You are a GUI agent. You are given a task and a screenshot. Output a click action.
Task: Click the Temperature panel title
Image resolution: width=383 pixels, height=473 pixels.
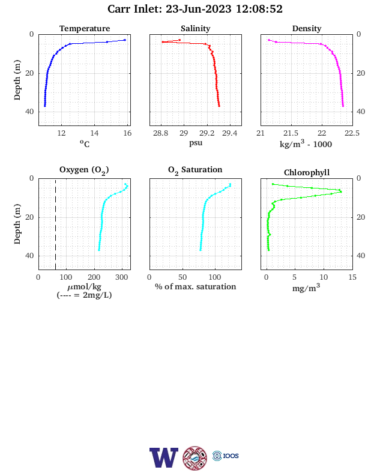point(85,28)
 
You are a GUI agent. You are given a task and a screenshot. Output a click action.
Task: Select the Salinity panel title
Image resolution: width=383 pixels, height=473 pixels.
point(196,28)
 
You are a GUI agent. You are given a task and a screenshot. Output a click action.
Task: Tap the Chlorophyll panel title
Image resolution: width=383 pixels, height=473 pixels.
point(307,172)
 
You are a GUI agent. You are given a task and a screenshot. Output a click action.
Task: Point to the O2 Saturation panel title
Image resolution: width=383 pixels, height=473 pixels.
point(195,170)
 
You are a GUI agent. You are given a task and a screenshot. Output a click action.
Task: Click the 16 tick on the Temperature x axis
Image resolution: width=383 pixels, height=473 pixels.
point(127,133)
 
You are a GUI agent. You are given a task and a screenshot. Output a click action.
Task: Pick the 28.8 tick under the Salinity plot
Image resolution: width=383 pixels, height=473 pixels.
point(161,133)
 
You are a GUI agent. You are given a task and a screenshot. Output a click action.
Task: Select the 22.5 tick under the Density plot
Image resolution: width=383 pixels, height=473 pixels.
point(352,133)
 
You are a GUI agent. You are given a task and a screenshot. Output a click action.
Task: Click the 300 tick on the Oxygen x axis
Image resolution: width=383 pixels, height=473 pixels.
point(122,277)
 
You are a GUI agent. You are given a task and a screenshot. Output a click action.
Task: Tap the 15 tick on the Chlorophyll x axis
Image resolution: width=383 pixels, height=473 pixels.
point(352,277)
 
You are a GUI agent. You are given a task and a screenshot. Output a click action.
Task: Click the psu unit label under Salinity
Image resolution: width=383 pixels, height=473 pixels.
point(196,143)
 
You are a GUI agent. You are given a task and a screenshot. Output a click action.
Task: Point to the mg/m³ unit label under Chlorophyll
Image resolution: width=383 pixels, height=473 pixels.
point(306,288)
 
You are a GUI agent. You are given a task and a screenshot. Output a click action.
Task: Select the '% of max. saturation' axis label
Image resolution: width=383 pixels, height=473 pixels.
point(196,286)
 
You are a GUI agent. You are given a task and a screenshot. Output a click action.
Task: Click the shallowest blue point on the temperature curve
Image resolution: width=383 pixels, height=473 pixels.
point(124,40)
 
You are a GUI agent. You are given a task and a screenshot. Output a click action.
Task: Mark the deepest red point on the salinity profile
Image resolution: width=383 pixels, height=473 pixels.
point(219,106)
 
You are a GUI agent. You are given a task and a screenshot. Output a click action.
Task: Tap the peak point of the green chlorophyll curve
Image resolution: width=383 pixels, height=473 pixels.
point(341,192)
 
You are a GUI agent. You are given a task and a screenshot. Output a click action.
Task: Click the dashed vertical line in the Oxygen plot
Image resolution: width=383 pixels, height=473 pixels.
point(55,224)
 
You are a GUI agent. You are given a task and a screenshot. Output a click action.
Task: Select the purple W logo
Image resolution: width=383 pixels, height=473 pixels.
point(164,457)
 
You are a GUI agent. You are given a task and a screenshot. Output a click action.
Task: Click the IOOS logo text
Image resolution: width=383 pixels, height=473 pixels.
point(231,456)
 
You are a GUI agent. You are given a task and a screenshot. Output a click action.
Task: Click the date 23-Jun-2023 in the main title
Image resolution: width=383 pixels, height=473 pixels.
point(199,9)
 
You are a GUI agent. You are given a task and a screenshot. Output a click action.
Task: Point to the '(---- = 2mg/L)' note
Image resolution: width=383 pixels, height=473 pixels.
point(84,295)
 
